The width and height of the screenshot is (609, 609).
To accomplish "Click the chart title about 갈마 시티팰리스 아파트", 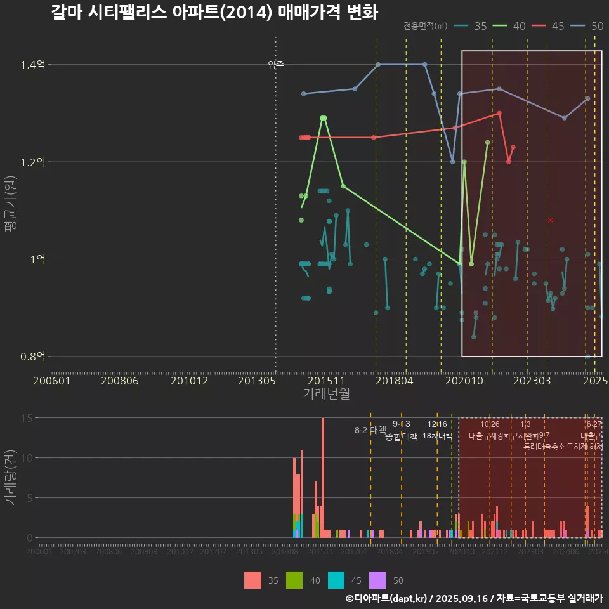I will click(214, 12).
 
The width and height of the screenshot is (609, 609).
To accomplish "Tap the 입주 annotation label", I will click(276, 64).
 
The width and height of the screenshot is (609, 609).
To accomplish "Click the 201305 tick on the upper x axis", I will click(256, 381).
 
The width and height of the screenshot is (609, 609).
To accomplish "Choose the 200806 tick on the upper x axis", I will click(120, 381).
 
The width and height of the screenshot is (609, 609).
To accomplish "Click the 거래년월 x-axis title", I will click(326, 394).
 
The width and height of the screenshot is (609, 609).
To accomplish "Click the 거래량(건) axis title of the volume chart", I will click(11, 478).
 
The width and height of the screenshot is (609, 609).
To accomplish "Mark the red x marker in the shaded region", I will click(551, 220).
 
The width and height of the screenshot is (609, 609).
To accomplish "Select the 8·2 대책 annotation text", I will click(370, 430).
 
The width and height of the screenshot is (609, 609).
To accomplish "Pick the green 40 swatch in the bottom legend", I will click(294, 580).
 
